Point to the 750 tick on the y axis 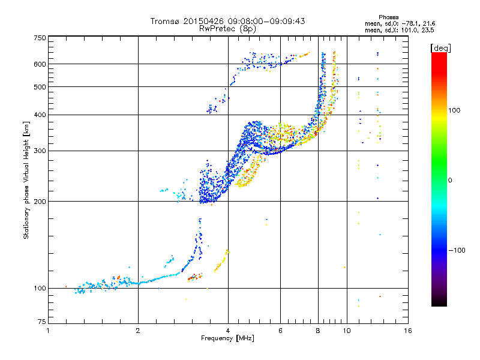[40, 37]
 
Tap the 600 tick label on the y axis [40, 64]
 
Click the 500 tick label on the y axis [40, 87]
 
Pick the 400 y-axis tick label [40, 115]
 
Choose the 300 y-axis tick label [40, 151]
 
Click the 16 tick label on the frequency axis [407, 331]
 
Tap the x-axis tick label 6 [281, 331]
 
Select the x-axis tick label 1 [49, 331]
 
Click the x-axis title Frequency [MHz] [227, 339]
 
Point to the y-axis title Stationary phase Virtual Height [26, 180]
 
